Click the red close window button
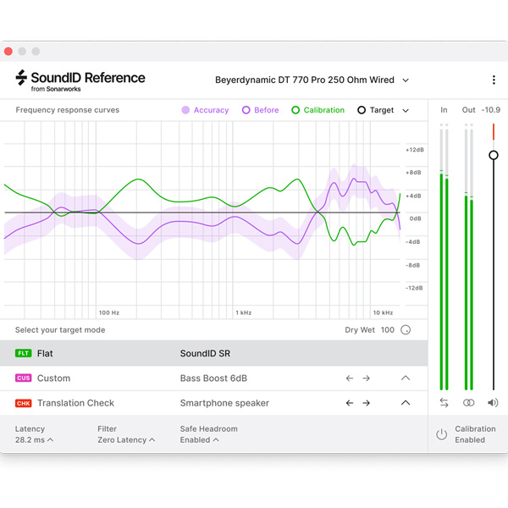click(8, 52)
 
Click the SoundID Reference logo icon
click(22, 78)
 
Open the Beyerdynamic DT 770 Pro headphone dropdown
click(310, 80)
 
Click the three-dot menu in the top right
click(494, 80)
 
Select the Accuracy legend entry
click(205, 110)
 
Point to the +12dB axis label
click(414, 150)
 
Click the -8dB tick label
click(414, 265)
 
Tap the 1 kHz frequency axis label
click(245, 313)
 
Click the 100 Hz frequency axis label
click(108, 313)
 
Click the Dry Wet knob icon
click(406, 330)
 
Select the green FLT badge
click(23, 353)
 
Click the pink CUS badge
click(23, 378)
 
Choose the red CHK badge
click(23, 404)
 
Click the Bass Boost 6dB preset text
click(213, 378)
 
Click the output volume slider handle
click(494, 155)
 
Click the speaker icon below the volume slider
click(494, 403)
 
